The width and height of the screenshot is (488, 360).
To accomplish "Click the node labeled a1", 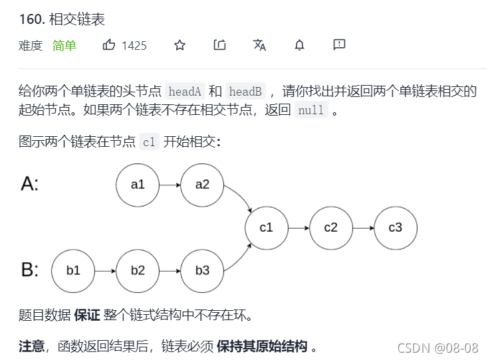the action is [138, 185].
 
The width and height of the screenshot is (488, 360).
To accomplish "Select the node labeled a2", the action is [202, 185].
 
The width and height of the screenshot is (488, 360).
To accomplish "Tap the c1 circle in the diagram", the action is [267, 228].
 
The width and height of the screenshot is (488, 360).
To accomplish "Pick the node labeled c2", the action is [331, 228].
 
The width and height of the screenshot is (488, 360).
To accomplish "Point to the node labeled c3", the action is [396, 228].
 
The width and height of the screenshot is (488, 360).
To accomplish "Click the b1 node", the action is [73, 271].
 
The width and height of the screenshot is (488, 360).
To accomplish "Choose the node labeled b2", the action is [138, 271].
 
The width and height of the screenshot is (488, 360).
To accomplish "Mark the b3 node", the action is [202, 271].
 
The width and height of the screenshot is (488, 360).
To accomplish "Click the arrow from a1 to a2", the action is [170, 185].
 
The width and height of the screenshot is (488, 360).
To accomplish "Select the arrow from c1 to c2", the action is [299, 228].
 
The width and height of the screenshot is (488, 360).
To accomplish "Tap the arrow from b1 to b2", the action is [105, 271].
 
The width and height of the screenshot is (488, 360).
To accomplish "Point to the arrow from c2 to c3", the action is [363, 228].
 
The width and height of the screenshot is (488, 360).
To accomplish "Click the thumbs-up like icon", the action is [109, 45].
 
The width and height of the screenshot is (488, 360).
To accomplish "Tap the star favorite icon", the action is [180, 45].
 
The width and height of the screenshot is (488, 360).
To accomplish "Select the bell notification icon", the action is [300, 45].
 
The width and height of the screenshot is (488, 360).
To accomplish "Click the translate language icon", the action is [259, 45].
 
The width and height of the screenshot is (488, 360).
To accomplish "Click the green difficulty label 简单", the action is [64, 46].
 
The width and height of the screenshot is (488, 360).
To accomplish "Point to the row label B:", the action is [30, 270].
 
